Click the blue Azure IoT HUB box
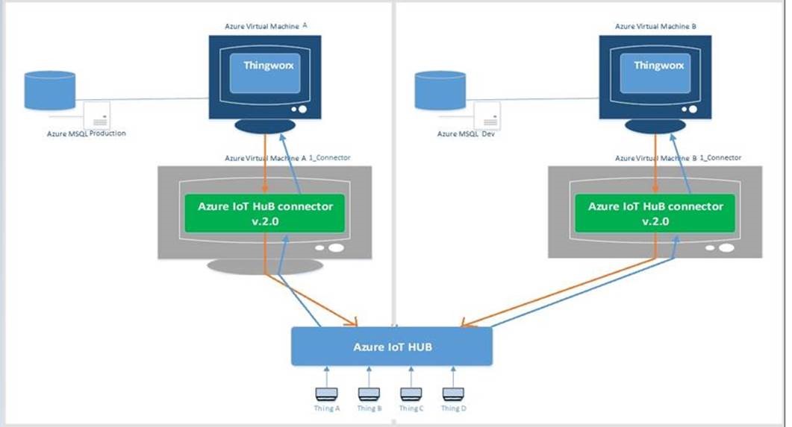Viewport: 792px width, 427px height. point(391,347)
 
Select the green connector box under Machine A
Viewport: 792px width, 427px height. point(265,213)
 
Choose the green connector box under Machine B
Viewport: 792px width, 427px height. point(655,213)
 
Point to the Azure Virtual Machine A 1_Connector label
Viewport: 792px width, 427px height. point(287,158)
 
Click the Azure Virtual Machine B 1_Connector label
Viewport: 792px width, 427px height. point(678,158)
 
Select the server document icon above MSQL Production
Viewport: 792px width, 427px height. point(96,115)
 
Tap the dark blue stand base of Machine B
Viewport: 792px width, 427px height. point(656,127)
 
